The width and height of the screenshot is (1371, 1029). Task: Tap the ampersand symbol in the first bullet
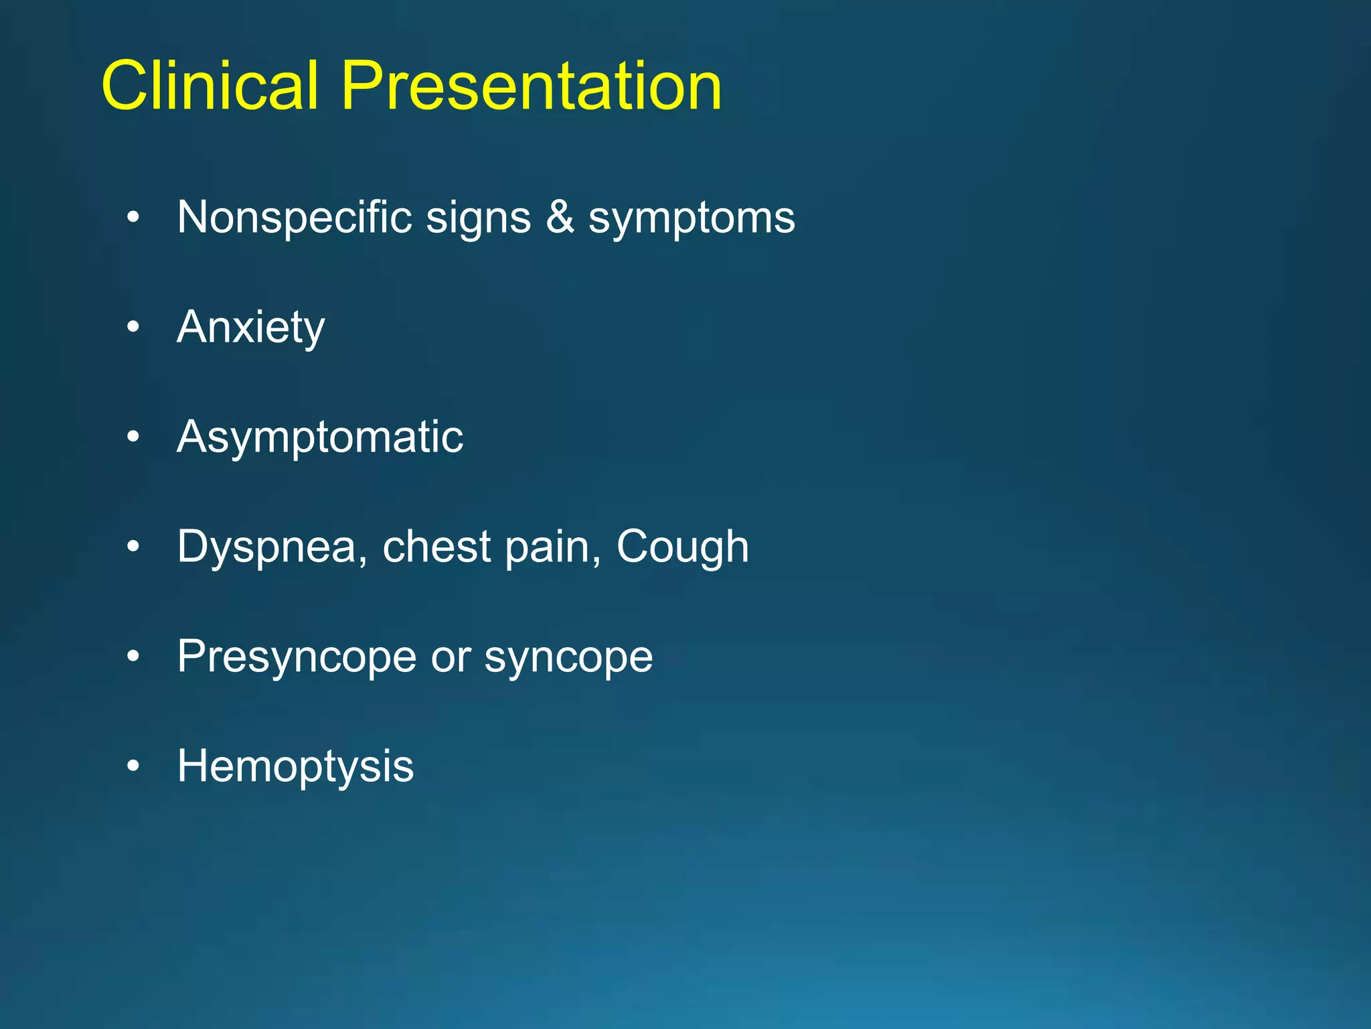click(560, 217)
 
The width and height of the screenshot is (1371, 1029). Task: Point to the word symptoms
click(692, 218)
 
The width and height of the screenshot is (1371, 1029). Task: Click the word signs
click(478, 218)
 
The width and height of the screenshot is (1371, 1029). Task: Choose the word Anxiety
click(250, 328)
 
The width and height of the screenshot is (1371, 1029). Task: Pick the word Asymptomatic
click(320, 437)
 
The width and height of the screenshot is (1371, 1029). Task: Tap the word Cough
click(682, 547)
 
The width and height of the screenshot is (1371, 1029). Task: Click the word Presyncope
click(297, 657)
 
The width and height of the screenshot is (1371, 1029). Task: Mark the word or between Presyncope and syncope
click(450, 657)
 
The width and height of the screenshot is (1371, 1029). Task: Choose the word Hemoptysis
click(295, 766)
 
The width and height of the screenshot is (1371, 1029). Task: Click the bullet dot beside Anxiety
click(133, 327)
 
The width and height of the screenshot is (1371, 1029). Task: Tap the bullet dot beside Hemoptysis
click(133, 766)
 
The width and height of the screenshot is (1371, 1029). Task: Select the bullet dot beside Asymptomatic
click(133, 437)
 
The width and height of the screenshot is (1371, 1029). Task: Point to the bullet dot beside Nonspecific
click(133, 217)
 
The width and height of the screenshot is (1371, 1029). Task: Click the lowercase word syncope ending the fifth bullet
click(568, 657)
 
